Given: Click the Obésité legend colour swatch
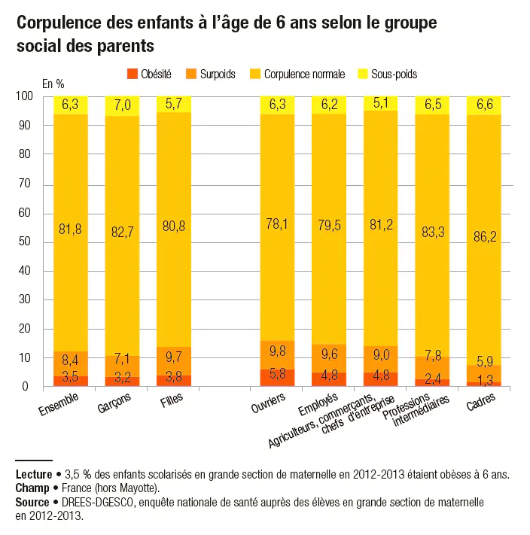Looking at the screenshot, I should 133,74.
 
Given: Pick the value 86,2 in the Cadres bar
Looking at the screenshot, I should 484,235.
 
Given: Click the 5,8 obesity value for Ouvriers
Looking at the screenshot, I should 277,373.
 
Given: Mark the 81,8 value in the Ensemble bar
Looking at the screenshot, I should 71,230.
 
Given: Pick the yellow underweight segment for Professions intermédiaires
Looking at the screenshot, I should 432,105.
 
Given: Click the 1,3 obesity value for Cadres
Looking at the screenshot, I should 484,380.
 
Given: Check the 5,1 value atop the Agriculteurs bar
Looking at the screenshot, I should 380,103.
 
